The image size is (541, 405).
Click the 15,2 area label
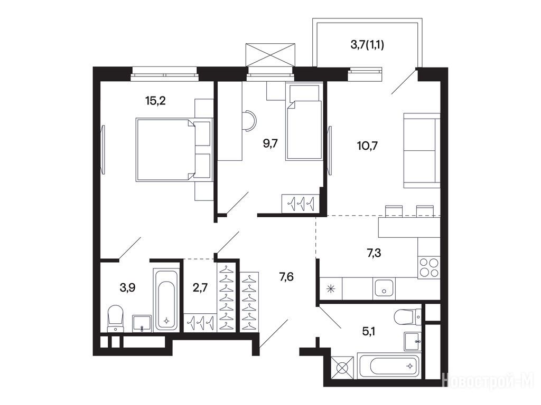click(x=156, y=101)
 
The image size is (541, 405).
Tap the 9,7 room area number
click(x=270, y=143)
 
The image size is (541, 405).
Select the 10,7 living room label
click(x=368, y=146)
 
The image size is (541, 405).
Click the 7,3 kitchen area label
click(x=374, y=253)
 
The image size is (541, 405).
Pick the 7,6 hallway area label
click(x=286, y=276)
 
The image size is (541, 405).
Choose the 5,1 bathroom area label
click(x=369, y=331)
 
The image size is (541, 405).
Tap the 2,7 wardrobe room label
click(x=200, y=287)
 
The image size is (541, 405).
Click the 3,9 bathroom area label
click(x=127, y=287)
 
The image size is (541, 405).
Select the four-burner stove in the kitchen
click(x=429, y=268)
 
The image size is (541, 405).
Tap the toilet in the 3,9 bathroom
click(x=116, y=319)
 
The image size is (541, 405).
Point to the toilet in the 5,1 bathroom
click(x=407, y=317)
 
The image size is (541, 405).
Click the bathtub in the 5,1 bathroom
click(x=388, y=366)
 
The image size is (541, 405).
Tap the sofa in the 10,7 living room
click(x=422, y=150)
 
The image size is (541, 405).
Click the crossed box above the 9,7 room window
click(x=270, y=54)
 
